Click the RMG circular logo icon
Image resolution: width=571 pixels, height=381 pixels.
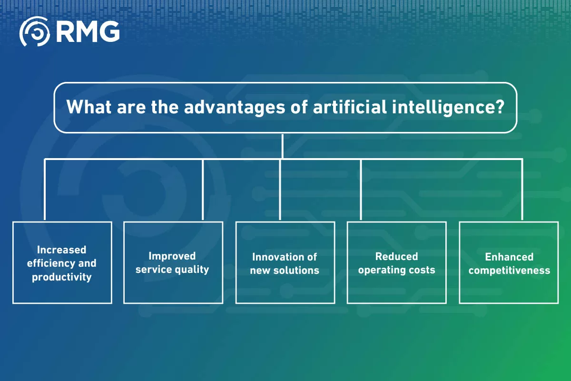[x=34, y=32]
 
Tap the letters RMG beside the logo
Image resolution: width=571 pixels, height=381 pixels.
[x=88, y=32]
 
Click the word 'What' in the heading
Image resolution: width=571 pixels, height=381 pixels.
[x=85, y=107]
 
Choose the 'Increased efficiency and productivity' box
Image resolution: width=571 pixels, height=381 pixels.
[x=62, y=262]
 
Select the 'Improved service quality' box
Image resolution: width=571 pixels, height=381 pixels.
[x=173, y=262]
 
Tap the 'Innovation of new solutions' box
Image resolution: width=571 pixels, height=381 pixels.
[x=285, y=262]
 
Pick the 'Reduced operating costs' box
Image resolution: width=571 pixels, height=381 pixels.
[x=396, y=262]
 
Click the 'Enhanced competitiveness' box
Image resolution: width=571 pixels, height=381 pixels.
[x=509, y=262]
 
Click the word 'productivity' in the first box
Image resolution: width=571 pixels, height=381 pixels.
[x=62, y=277]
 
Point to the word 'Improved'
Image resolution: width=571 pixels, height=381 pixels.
[x=172, y=256]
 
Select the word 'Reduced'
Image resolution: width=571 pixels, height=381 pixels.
[x=396, y=256]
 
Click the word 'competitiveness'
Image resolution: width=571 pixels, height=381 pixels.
[x=509, y=271]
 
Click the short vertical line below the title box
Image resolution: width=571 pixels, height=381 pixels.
[x=283, y=146]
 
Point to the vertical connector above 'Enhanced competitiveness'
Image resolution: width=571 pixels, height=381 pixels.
[x=522, y=189]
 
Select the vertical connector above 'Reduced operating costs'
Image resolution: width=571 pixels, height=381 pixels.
[x=361, y=189]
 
